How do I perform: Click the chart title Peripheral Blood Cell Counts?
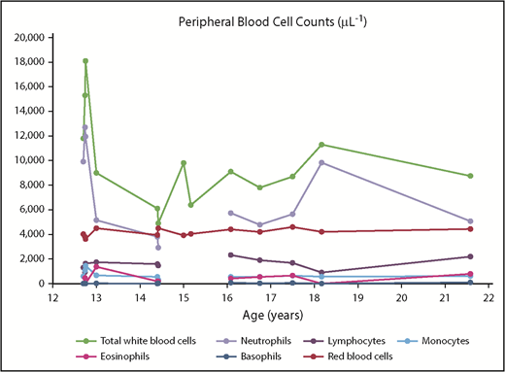[x=263, y=20]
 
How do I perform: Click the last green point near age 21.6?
[x=470, y=176]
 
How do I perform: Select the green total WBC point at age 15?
[x=184, y=162]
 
